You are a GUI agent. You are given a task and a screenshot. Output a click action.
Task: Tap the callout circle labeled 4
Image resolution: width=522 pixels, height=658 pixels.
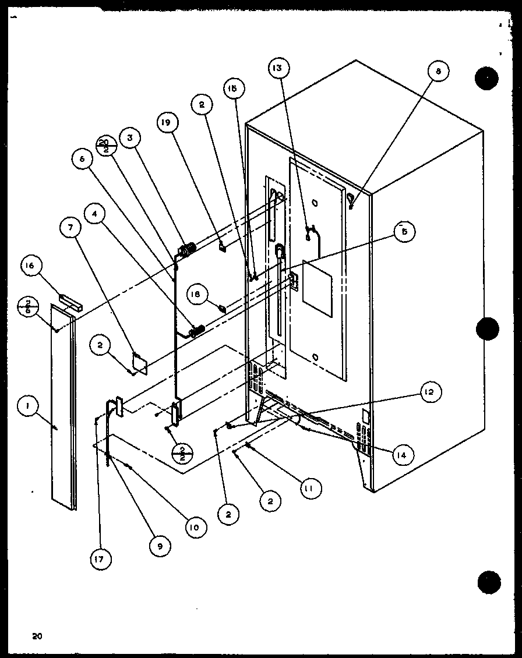(x=96, y=214)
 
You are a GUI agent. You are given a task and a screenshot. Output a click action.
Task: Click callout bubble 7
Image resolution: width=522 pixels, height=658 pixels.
(x=70, y=229)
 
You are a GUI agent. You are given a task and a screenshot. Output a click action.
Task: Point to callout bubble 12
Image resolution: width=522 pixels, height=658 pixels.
(x=428, y=392)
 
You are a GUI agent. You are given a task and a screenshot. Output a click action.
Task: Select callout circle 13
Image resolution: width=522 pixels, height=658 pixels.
(x=278, y=69)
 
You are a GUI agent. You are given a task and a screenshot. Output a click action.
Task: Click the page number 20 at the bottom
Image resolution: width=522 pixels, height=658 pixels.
(x=38, y=636)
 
